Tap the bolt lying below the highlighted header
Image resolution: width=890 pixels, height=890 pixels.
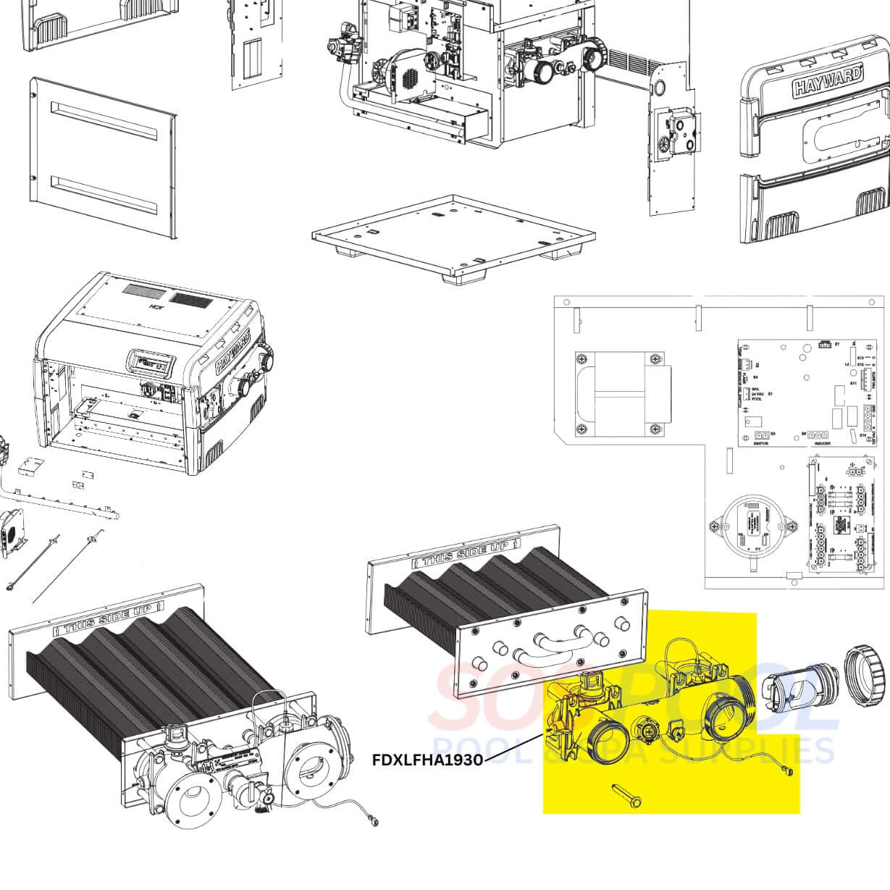pyautogui.click(x=628, y=794)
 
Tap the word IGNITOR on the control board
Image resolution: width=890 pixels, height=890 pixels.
pyautogui.click(x=760, y=443)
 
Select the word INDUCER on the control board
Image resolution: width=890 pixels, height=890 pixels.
pyautogui.click(x=821, y=443)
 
